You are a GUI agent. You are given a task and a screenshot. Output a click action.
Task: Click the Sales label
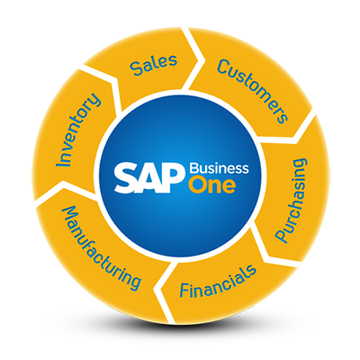pyautogui.click(x=154, y=65)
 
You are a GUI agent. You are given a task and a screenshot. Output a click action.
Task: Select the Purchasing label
pyautogui.click(x=292, y=201)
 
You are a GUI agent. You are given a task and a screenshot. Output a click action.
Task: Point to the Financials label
pyautogui.click(x=218, y=280)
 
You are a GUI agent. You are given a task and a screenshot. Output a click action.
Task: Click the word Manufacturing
pyautogui.click(x=101, y=247)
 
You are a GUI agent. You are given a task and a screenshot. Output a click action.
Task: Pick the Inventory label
pyautogui.click(x=78, y=130)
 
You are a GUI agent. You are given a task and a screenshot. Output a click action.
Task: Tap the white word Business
pyautogui.click(x=220, y=168)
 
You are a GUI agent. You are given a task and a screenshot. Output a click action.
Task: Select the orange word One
pyautogui.click(x=211, y=185)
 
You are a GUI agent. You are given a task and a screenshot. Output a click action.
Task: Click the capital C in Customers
pyautogui.click(x=223, y=66)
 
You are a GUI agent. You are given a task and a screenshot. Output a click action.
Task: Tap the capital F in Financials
pyautogui.click(x=184, y=290)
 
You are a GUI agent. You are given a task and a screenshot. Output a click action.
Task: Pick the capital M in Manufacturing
pyautogui.click(x=70, y=213)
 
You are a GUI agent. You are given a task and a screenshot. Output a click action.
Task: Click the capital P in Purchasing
pyautogui.click(x=282, y=235)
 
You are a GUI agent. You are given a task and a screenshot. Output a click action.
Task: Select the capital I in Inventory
pyautogui.click(x=64, y=162)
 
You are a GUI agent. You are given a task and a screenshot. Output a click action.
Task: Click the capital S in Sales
pyautogui.click(x=136, y=69)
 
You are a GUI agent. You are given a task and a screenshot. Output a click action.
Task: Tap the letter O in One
pyautogui.click(x=196, y=186)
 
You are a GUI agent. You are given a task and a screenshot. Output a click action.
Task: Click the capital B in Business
pyautogui.click(x=194, y=168)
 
